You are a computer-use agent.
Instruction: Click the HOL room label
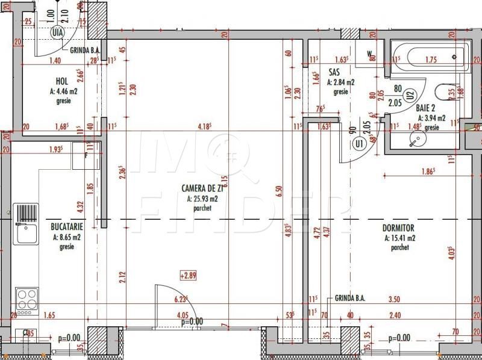pos(61,81)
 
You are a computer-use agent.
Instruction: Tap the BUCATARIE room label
pos(66,227)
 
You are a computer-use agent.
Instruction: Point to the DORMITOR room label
pos(398,228)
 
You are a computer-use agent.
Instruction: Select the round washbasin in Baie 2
pos(415,140)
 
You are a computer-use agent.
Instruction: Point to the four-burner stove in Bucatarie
pos(27,299)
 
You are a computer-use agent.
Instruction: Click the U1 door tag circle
pos(359,144)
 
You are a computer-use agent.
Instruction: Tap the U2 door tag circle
pos(410,94)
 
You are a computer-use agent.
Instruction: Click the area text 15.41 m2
pos(399,238)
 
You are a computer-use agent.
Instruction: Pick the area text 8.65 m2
pos(67,237)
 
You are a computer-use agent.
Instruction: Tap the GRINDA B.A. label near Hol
pos(84,51)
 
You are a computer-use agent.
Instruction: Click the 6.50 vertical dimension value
pos(278,191)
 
